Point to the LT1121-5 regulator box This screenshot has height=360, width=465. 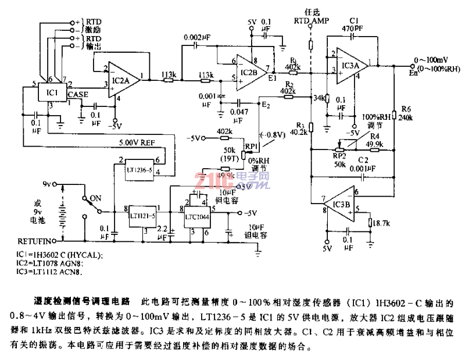[x=141, y=215]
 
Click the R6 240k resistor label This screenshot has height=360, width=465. [x=405, y=113]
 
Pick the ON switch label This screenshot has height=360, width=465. [x=96, y=198]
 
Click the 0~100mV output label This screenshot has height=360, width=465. [x=430, y=59]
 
